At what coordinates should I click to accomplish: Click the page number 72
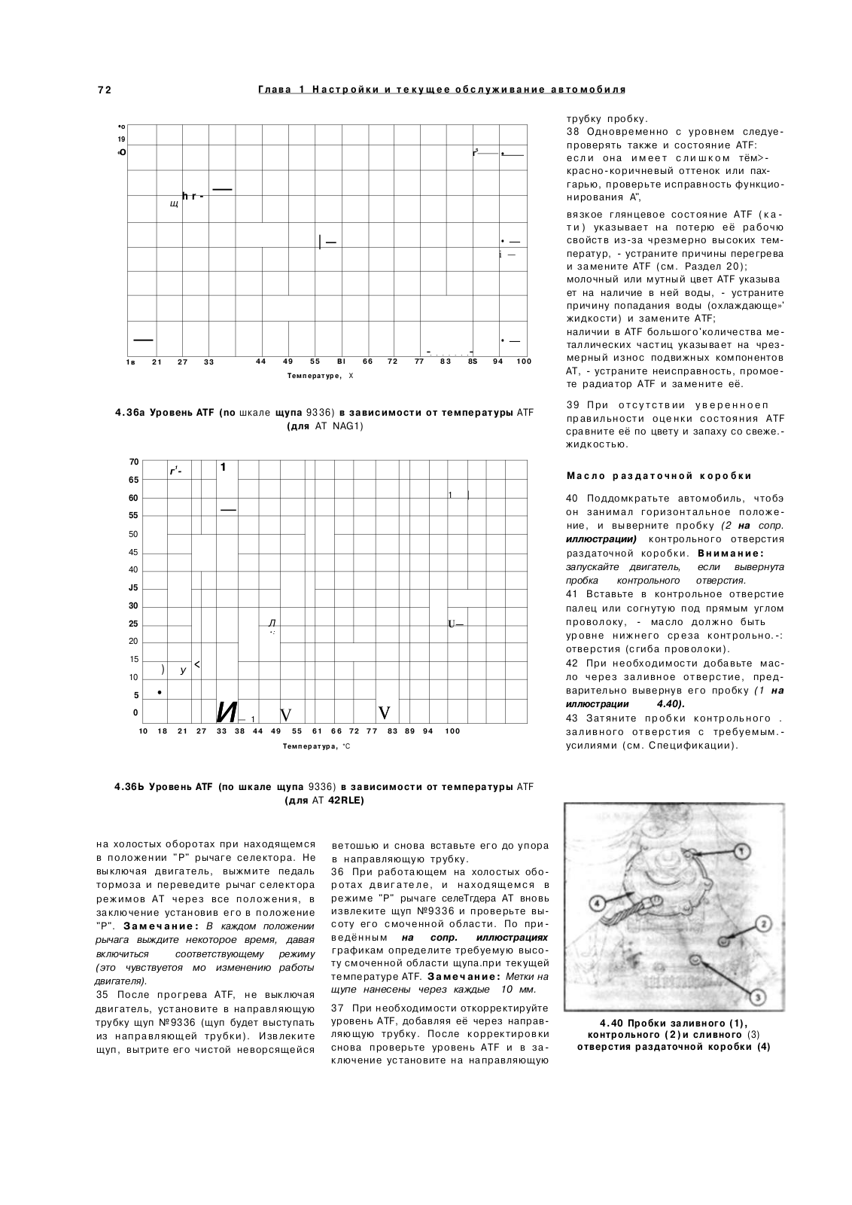coord(105,90)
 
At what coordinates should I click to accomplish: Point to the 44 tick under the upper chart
coord(260,361)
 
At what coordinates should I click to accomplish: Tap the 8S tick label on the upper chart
coord(472,361)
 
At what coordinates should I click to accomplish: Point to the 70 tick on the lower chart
coord(133,462)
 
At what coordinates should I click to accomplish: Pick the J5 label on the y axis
coord(133,588)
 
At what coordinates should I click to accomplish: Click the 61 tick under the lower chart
coord(317,731)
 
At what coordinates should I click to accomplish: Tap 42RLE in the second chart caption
coord(346,801)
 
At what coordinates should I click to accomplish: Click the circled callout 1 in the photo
coord(741,850)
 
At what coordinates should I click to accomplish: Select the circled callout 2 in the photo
coord(762,923)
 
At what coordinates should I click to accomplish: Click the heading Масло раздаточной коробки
coord(659,476)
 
